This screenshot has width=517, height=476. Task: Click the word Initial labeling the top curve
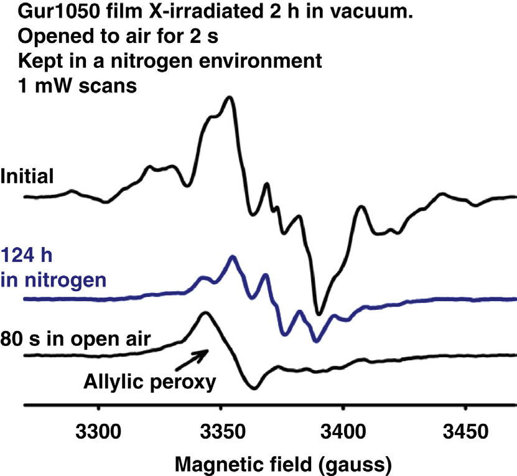[27, 177]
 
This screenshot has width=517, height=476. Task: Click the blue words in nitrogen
[52, 279]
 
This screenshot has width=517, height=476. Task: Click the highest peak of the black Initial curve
[231, 97]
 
